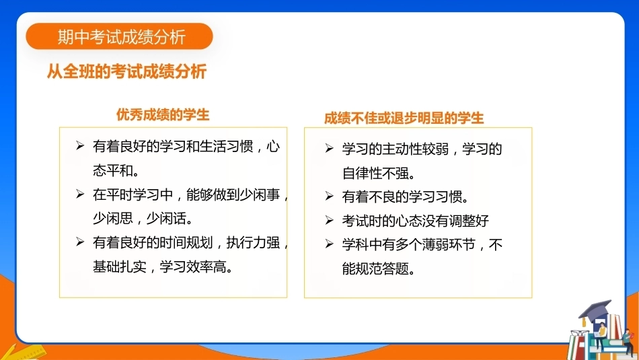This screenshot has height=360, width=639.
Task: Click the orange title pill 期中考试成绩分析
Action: (x=119, y=36)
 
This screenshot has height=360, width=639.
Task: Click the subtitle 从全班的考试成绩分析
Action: (x=126, y=71)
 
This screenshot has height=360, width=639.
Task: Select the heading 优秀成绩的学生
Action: (x=163, y=114)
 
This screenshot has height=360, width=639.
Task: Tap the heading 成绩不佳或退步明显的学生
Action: (x=404, y=118)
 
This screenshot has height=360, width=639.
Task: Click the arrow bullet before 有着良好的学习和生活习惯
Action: (x=80, y=145)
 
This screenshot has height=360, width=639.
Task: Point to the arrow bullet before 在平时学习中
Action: (x=80, y=194)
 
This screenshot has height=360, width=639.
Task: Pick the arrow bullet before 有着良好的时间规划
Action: (x=80, y=242)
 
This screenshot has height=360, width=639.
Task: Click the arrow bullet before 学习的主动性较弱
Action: (x=330, y=148)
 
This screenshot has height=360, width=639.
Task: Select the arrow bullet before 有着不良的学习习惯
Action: (x=330, y=196)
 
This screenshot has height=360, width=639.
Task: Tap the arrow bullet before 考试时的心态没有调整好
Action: (x=330, y=220)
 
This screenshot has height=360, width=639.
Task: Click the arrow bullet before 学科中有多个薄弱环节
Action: (x=330, y=244)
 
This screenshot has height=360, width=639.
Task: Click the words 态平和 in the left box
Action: (x=113, y=170)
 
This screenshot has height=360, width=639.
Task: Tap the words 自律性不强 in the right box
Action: (x=376, y=174)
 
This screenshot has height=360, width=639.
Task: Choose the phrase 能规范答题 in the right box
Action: (x=376, y=268)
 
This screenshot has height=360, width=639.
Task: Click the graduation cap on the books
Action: (x=595, y=310)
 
